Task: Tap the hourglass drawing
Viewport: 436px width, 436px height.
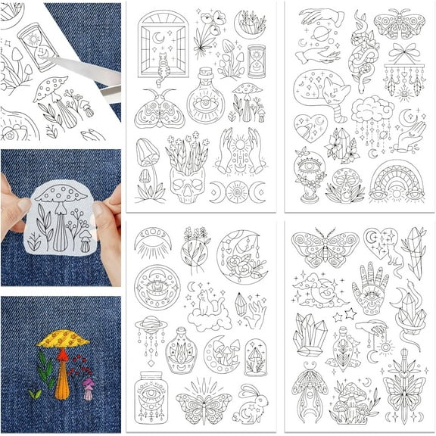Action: point(257,61)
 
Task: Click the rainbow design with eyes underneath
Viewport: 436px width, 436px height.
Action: point(397,180)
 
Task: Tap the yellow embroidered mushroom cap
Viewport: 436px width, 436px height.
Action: point(63,338)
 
